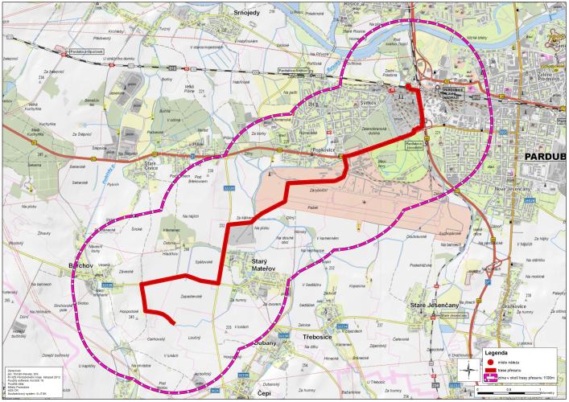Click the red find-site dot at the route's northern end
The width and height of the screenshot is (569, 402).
pyautogui.click(x=407, y=87)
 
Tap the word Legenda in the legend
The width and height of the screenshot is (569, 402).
pyautogui.click(x=500, y=351)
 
